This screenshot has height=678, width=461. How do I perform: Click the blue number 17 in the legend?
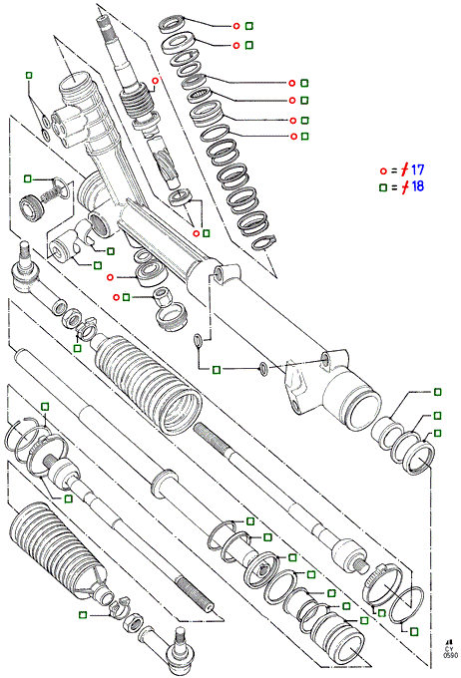(x=417, y=169)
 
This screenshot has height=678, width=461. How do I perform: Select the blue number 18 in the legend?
(x=417, y=186)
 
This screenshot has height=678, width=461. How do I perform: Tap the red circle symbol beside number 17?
(x=382, y=171)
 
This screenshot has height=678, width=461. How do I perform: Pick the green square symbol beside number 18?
(x=382, y=187)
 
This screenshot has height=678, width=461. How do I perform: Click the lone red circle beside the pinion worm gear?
(x=156, y=81)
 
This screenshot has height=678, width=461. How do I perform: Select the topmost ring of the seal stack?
(x=173, y=23)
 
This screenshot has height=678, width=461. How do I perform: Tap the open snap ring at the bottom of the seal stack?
(x=264, y=241)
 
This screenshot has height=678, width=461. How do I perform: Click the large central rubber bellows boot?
(x=147, y=382)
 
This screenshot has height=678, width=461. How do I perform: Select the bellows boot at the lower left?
(x=56, y=548)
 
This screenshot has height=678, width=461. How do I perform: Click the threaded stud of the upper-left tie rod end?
(x=25, y=251)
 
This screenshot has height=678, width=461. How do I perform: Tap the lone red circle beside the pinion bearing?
(x=110, y=277)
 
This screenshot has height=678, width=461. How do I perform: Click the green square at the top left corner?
(x=29, y=75)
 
